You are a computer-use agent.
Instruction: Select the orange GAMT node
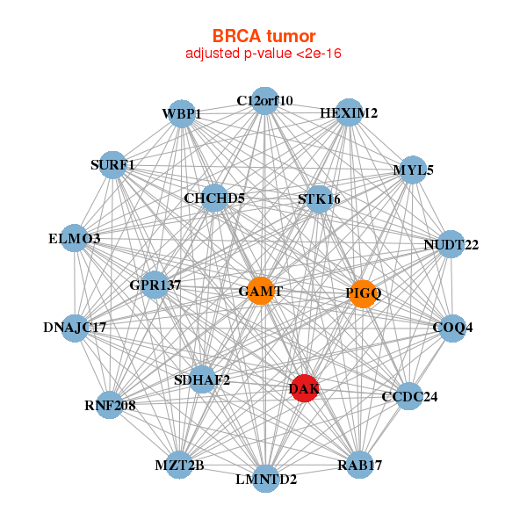click(x=260, y=291)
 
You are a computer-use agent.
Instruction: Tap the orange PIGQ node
click(x=363, y=293)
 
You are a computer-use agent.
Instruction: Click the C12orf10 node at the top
click(x=264, y=100)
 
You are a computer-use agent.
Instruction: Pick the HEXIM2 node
click(x=349, y=113)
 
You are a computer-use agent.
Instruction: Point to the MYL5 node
click(x=413, y=170)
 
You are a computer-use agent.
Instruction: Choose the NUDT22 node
click(x=451, y=244)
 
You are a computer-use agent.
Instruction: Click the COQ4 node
click(x=452, y=328)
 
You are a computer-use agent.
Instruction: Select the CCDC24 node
click(x=409, y=396)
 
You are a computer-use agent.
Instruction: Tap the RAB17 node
click(x=359, y=465)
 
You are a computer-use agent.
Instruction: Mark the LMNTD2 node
click(x=266, y=480)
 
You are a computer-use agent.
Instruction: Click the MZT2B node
click(x=179, y=465)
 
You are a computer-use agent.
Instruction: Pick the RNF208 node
click(x=110, y=405)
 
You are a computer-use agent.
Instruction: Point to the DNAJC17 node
click(x=75, y=328)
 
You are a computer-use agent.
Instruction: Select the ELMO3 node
click(x=75, y=239)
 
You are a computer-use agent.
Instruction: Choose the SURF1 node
click(x=112, y=164)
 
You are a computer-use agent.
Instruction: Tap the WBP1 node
click(x=182, y=114)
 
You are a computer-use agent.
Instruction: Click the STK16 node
click(x=319, y=199)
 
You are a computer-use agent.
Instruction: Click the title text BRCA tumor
click(x=263, y=36)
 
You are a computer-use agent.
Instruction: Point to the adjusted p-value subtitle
click(x=263, y=54)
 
